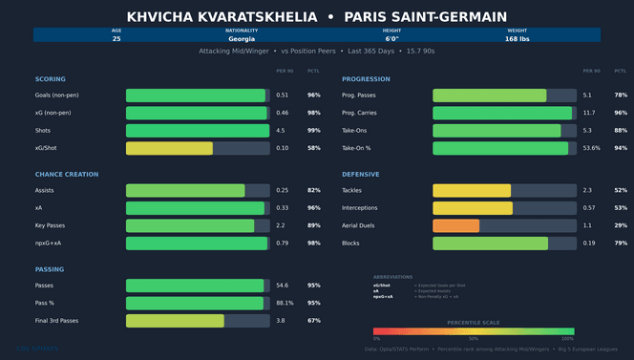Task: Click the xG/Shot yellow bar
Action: point(169,148)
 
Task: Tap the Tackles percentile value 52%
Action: point(621,191)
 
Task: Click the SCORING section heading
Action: point(51,79)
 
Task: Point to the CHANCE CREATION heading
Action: point(66,175)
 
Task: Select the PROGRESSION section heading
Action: point(366,79)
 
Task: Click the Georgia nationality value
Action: point(242,39)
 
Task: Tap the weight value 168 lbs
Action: point(518,39)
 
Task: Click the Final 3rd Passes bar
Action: point(175,321)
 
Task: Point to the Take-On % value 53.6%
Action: point(592,148)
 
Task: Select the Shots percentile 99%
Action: point(314,131)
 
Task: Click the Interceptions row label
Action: point(362,208)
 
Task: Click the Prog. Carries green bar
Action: point(502,113)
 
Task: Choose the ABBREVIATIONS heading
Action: point(392,276)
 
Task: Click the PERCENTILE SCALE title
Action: point(474,323)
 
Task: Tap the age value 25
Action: point(116,39)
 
